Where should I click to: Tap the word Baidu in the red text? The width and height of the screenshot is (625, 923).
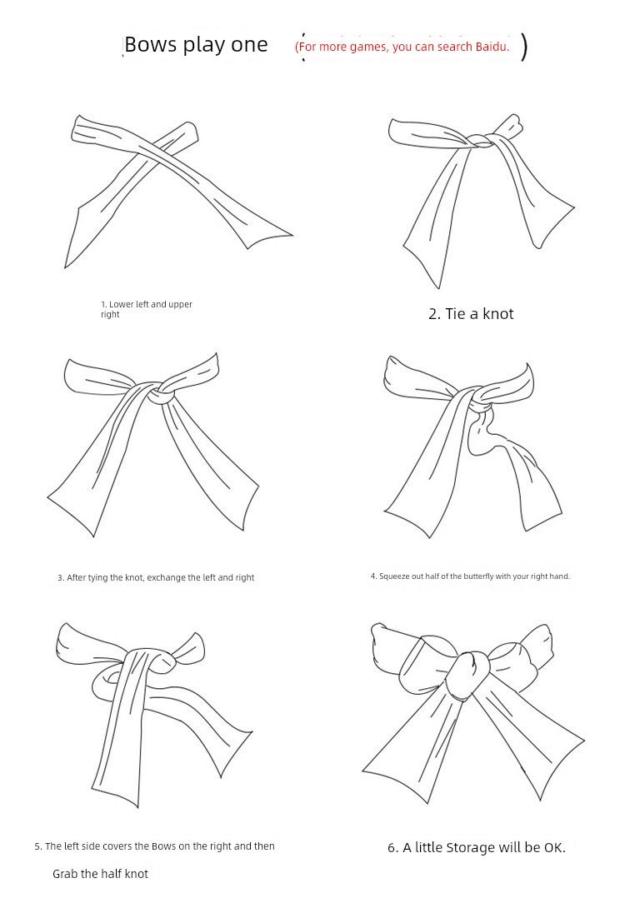click(x=492, y=47)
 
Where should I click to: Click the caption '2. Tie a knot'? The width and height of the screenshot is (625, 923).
click(x=471, y=314)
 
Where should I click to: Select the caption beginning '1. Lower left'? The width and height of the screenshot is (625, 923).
click(x=147, y=309)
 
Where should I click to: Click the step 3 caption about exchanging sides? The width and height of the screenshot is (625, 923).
click(x=156, y=577)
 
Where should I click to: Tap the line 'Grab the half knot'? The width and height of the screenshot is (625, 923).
click(x=100, y=874)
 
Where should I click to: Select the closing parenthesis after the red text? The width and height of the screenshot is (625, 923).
click(x=523, y=47)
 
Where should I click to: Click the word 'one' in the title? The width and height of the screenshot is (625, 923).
click(x=249, y=45)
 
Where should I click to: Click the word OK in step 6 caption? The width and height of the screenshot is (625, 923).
click(x=554, y=848)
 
